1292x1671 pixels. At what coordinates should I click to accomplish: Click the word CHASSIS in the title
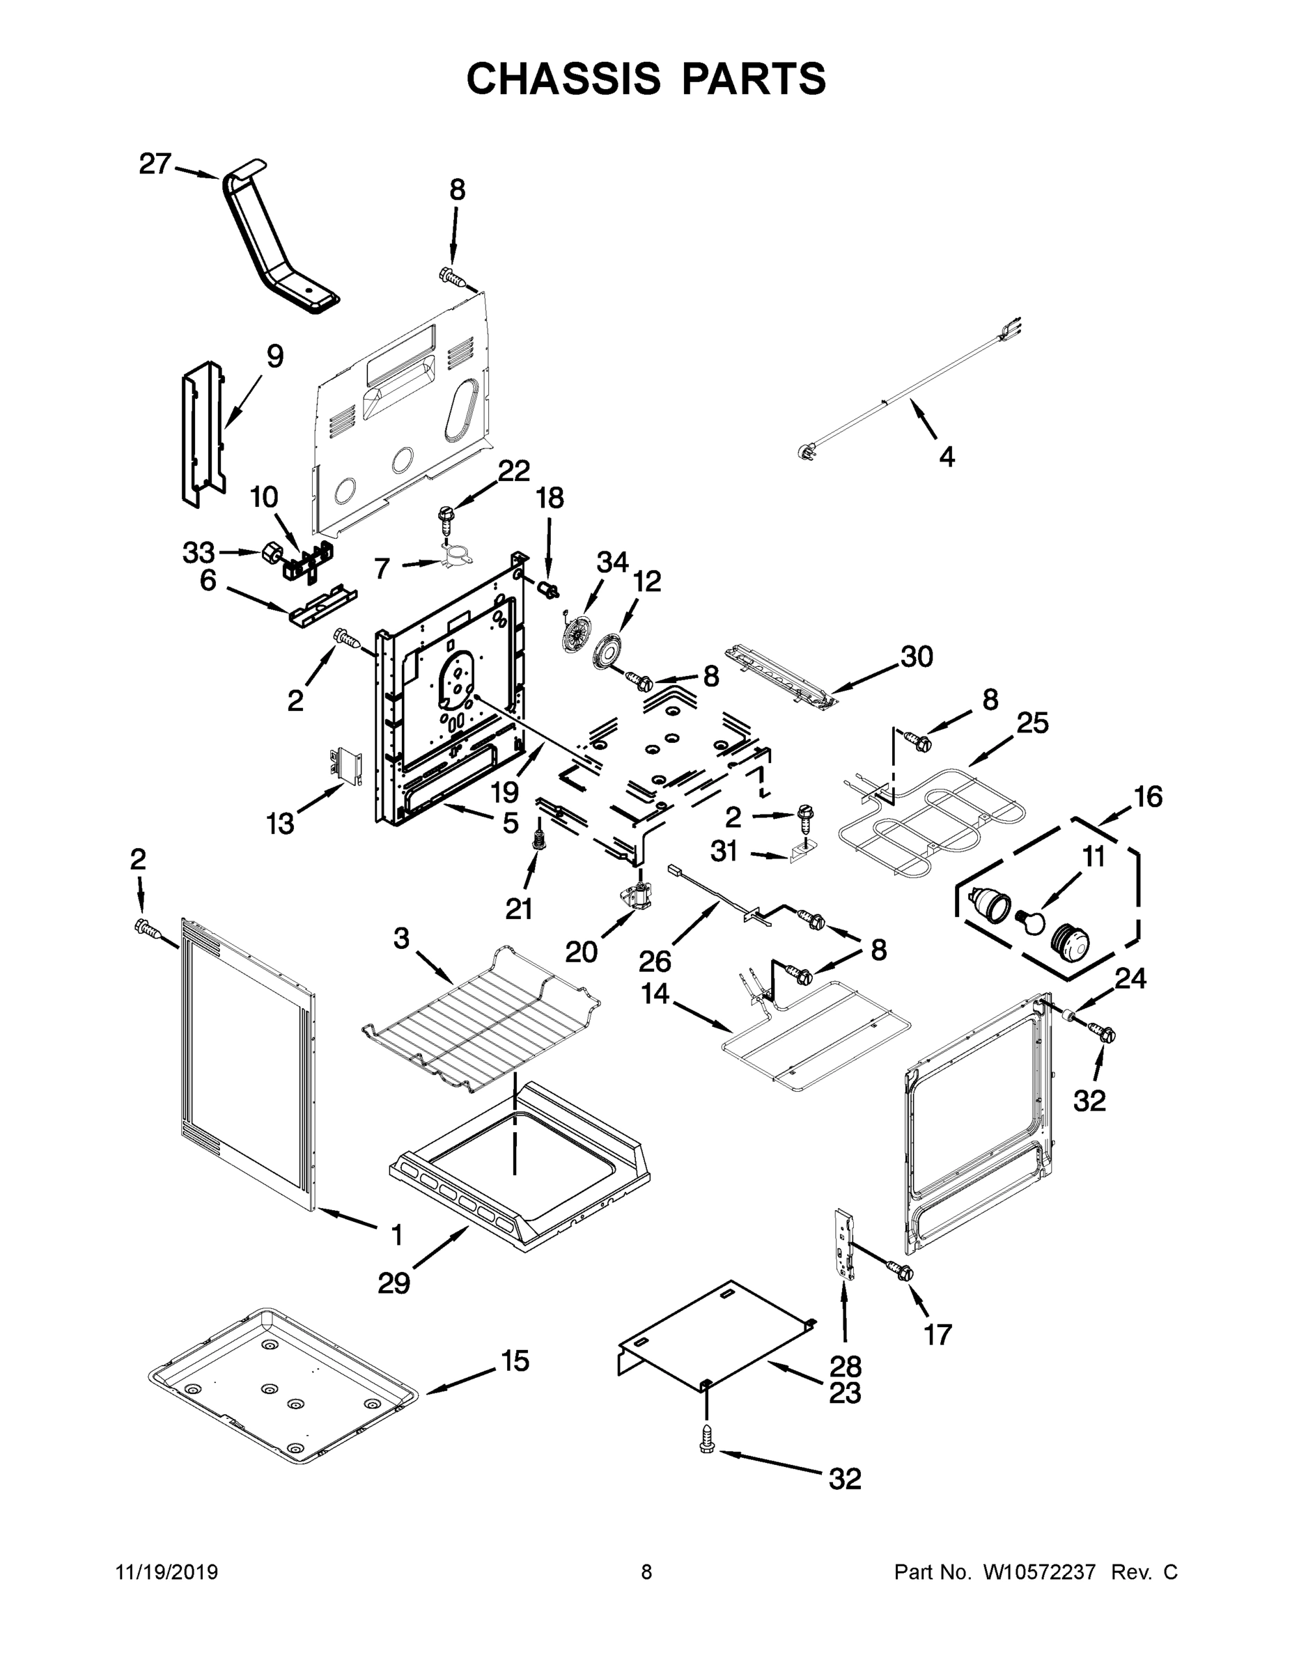[x=563, y=79]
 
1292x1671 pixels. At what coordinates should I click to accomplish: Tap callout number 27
[x=155, y=164]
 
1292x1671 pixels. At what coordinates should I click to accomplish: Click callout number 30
[x=917, y=656]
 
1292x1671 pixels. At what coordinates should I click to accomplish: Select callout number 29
[x=394, y=1282]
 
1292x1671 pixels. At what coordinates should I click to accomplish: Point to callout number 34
[x=612, y=563]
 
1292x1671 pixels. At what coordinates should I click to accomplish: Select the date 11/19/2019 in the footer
[x=167, y=1571]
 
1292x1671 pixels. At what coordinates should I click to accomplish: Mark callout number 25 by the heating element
[x=1032, y=721]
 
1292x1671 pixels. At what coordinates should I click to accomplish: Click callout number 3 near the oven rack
[x=402, y=938]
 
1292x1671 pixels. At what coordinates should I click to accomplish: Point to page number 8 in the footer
[x=646, y=1571]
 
